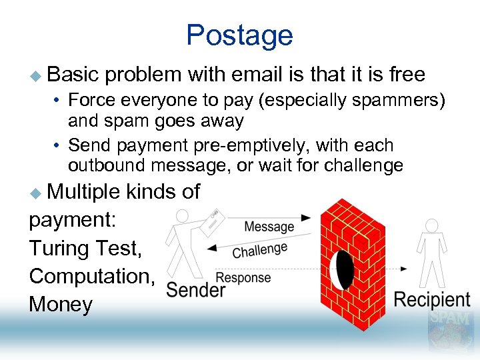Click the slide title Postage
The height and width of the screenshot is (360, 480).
[x=239, y=35]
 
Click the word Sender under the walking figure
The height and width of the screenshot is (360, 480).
[x=195, y=289]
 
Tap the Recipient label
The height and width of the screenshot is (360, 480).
[x=432, y=299]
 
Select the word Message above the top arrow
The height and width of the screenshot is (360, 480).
[x=269, y=227]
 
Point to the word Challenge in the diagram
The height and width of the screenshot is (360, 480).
[x=260, y=250]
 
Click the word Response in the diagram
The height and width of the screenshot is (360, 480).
[x=243, y=277]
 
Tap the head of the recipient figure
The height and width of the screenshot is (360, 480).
[x=432, y=226]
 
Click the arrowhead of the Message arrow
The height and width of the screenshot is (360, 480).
[x=306, y=217]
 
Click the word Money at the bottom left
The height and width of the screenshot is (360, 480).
[x=61, y=305]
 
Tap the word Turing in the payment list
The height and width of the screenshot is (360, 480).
[x=57, y=248]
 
